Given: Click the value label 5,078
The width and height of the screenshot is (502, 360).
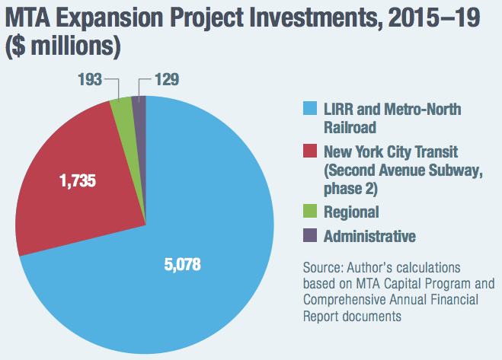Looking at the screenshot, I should pyautogui.click(x=186, y=267).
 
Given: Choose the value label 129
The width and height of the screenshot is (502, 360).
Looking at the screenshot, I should pyautogui.click(x=168, y=78).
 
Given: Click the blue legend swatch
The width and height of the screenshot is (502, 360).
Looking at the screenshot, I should pyautogui.click(x=310, y=110).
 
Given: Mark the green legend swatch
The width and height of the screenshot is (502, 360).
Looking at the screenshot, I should pyautogui.click(x=310, y=212).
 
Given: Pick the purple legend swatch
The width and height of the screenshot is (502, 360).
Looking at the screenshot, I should pyautogui.click(x=310, y=237).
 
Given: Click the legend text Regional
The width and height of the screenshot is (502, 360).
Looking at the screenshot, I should pyautogui.click(x=350, y=212).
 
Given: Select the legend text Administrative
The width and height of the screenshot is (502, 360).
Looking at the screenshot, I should pyautogui.click(x=369, y=237).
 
